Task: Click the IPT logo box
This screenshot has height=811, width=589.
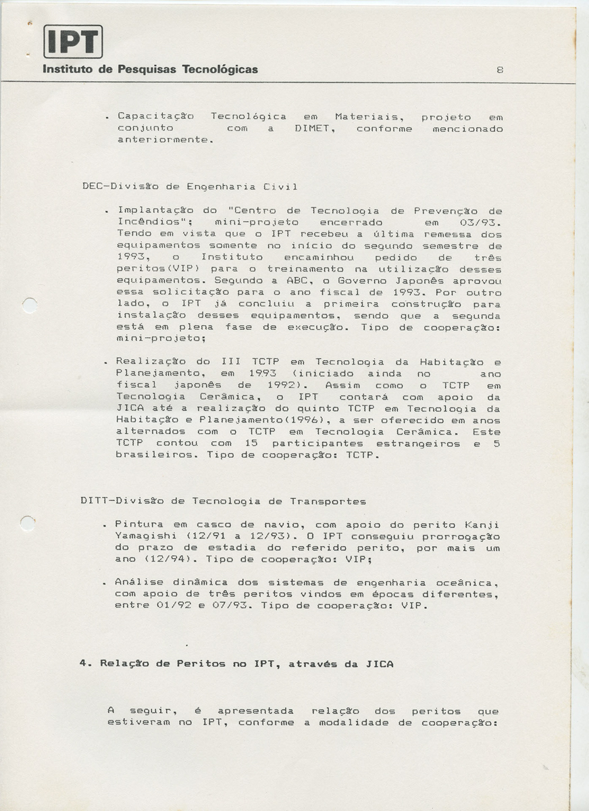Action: [72, 41]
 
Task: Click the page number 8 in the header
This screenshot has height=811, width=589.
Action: [499, 70]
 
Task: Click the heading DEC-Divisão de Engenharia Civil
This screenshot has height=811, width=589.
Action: [189, 187]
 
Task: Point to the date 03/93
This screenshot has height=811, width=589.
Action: [487, 222]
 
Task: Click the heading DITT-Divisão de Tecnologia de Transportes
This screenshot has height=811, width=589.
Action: [223, 501]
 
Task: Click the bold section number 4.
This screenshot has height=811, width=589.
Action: [83, 664]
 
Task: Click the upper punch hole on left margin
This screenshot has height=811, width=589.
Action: [28, 305]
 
